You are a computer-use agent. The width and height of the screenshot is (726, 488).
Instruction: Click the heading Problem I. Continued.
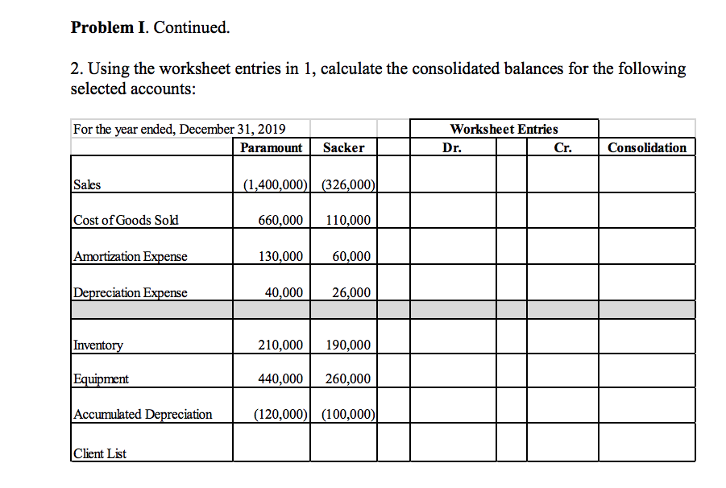pyautogui.click(x=150, y=27)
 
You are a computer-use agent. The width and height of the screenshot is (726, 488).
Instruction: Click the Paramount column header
pyautogui.click(x=272, y=147)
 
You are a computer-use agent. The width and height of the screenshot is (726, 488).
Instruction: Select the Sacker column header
pyautogui.click(x=343, y=147)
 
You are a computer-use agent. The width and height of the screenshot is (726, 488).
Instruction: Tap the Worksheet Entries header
pyautogui.click(x=504, y=129)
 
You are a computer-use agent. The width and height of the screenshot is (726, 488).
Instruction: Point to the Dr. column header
pyautogui.click(x=453, y=147)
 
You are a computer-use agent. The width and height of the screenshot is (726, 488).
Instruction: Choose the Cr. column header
pyautogui.click(x=562, y=147)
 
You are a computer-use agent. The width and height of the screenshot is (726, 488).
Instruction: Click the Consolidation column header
pyautogui.click(x=647, y=147)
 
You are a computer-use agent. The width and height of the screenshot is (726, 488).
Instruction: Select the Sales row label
pyautogui.click(x=87, y=184)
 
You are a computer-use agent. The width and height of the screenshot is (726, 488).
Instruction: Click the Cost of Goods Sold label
pyautogui.click(x=126, y=220)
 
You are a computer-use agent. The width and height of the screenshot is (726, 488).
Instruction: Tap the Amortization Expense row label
pyautogui.click(x=130, y=256)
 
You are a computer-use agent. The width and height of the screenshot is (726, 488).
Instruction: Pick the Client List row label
pyautogui.click(x=99, y=453)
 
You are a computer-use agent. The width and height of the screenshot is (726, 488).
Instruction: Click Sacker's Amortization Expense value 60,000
pyautogui.click(x=351, y=256)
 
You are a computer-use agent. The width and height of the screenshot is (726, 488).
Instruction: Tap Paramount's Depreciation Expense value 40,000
pyautogui.click(x=284, y=292)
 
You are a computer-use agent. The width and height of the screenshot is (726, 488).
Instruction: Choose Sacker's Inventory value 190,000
pyautogui.click(x=348, y=345)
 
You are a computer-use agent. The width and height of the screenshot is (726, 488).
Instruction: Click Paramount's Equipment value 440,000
pyautogui.click(x=280, y=378)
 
